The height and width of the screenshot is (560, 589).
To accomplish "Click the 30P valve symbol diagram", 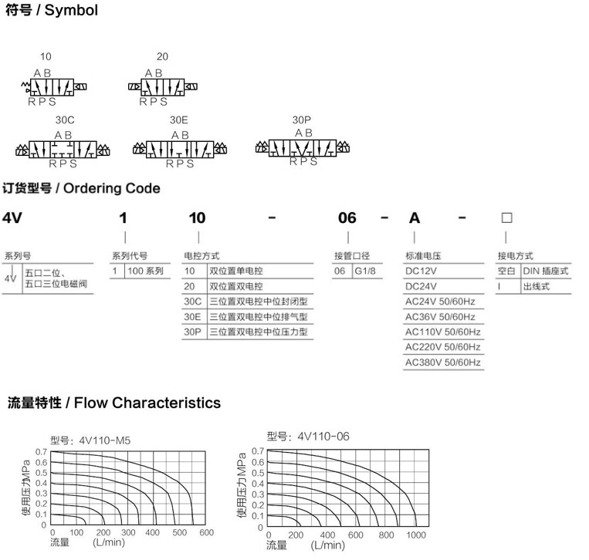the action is tap(303, 148).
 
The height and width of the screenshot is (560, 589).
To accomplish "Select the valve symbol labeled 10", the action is tap(54, 87).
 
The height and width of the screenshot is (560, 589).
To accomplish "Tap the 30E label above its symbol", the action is tap(179, 120).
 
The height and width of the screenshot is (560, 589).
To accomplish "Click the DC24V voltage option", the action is tap(421, 286).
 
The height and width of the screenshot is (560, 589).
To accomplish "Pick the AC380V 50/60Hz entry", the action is tap(443, 363).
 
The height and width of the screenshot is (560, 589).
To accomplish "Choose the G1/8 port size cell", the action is tap(365, 271).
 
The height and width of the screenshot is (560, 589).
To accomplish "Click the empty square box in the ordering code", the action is tap(506, 218).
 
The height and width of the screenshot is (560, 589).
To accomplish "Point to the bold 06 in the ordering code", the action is tap(347, 218).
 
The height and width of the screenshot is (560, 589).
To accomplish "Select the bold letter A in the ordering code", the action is tap(415, 218).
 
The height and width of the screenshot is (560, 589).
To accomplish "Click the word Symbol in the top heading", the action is tap(71, 10).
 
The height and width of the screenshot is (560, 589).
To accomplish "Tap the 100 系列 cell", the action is tap(146, 271).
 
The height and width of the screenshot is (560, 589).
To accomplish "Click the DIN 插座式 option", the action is tap(546, 271).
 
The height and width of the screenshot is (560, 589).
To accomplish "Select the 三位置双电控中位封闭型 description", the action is tap(259, 302).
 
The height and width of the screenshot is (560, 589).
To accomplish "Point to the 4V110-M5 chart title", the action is tap(90, 440).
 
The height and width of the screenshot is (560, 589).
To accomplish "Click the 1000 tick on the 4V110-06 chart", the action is tap(416, 535).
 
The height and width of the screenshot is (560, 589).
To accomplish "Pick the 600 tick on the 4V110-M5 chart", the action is tap(207, 532).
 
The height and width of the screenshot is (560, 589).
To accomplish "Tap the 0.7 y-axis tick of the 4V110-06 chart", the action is tap(258, 450).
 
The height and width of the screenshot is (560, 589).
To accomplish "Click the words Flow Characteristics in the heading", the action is tap(147, 403).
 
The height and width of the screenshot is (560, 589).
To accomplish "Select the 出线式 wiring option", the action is tap(537, 286).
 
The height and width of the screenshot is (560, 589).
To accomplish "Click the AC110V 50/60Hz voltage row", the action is tap(443, 332).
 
